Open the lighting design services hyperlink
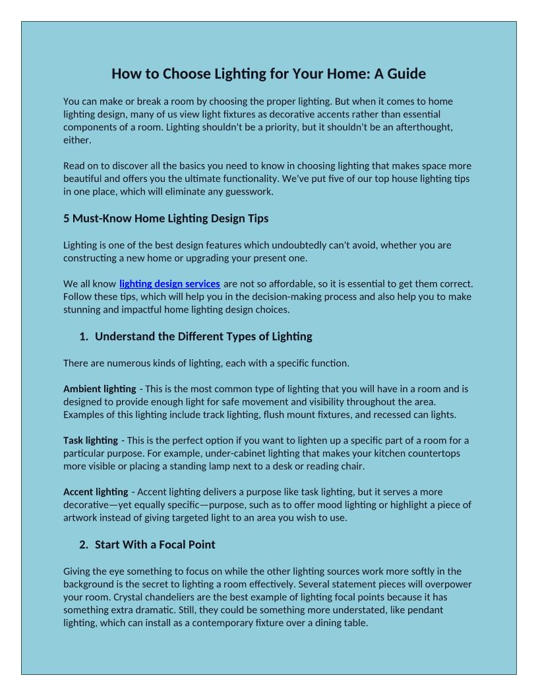(169, 284)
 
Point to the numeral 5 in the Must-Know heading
(67, 218)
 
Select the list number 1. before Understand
(84, 337)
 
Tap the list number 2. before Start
(84, 545)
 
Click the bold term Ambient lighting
(100, 389)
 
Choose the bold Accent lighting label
(96, 492)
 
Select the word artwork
(84, 518)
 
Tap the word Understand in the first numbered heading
(125, 337)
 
